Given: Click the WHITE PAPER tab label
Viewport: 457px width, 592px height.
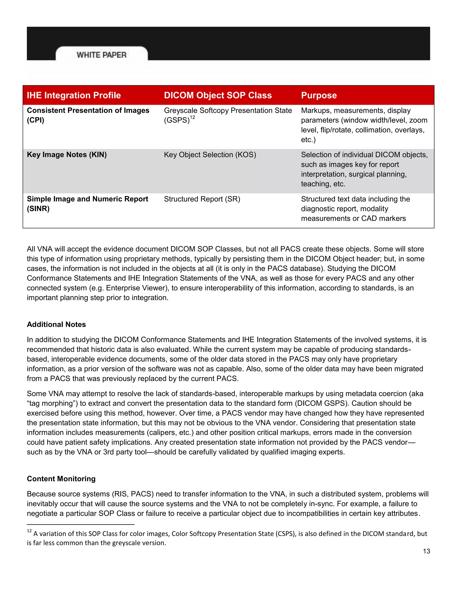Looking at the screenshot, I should point(102,55).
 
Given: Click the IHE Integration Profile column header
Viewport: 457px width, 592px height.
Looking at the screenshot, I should point(74,95).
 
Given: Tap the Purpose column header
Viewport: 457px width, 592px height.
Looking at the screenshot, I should point(319,95).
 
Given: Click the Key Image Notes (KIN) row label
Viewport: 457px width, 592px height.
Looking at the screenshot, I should point(66,155).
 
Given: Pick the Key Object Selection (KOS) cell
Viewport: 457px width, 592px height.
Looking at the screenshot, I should point(210,155).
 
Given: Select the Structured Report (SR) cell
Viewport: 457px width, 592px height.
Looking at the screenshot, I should point(202,199).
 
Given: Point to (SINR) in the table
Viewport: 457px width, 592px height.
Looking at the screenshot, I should point(38,209).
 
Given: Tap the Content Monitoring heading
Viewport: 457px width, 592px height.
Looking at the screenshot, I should point(61,479).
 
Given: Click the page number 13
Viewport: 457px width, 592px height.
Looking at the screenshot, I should point(426,551).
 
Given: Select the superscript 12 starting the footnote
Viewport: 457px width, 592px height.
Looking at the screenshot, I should point(29,531).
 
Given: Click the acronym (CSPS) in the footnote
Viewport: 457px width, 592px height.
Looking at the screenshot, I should point(285,534).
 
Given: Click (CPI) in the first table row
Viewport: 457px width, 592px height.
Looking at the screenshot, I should point(35,120).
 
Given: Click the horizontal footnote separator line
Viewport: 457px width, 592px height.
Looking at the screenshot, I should point(81,525).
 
